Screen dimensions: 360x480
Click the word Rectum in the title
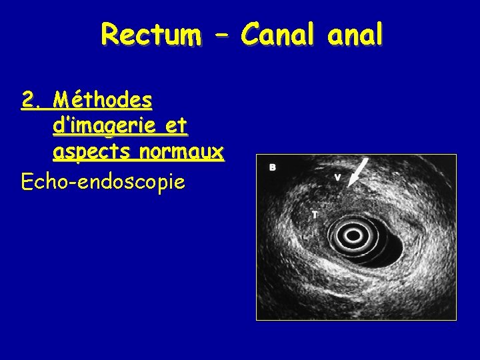click(x=151, y=35)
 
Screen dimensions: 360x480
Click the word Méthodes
click(x=103, y=101)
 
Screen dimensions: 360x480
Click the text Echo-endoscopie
click(x=103, y=180)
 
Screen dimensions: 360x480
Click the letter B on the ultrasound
click(x=273, y=167)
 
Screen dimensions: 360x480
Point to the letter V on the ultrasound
click(x=338, y=177)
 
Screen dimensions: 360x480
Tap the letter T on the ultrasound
click(x=315, y=215)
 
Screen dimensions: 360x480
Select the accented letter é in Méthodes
click(x=83, y=101)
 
